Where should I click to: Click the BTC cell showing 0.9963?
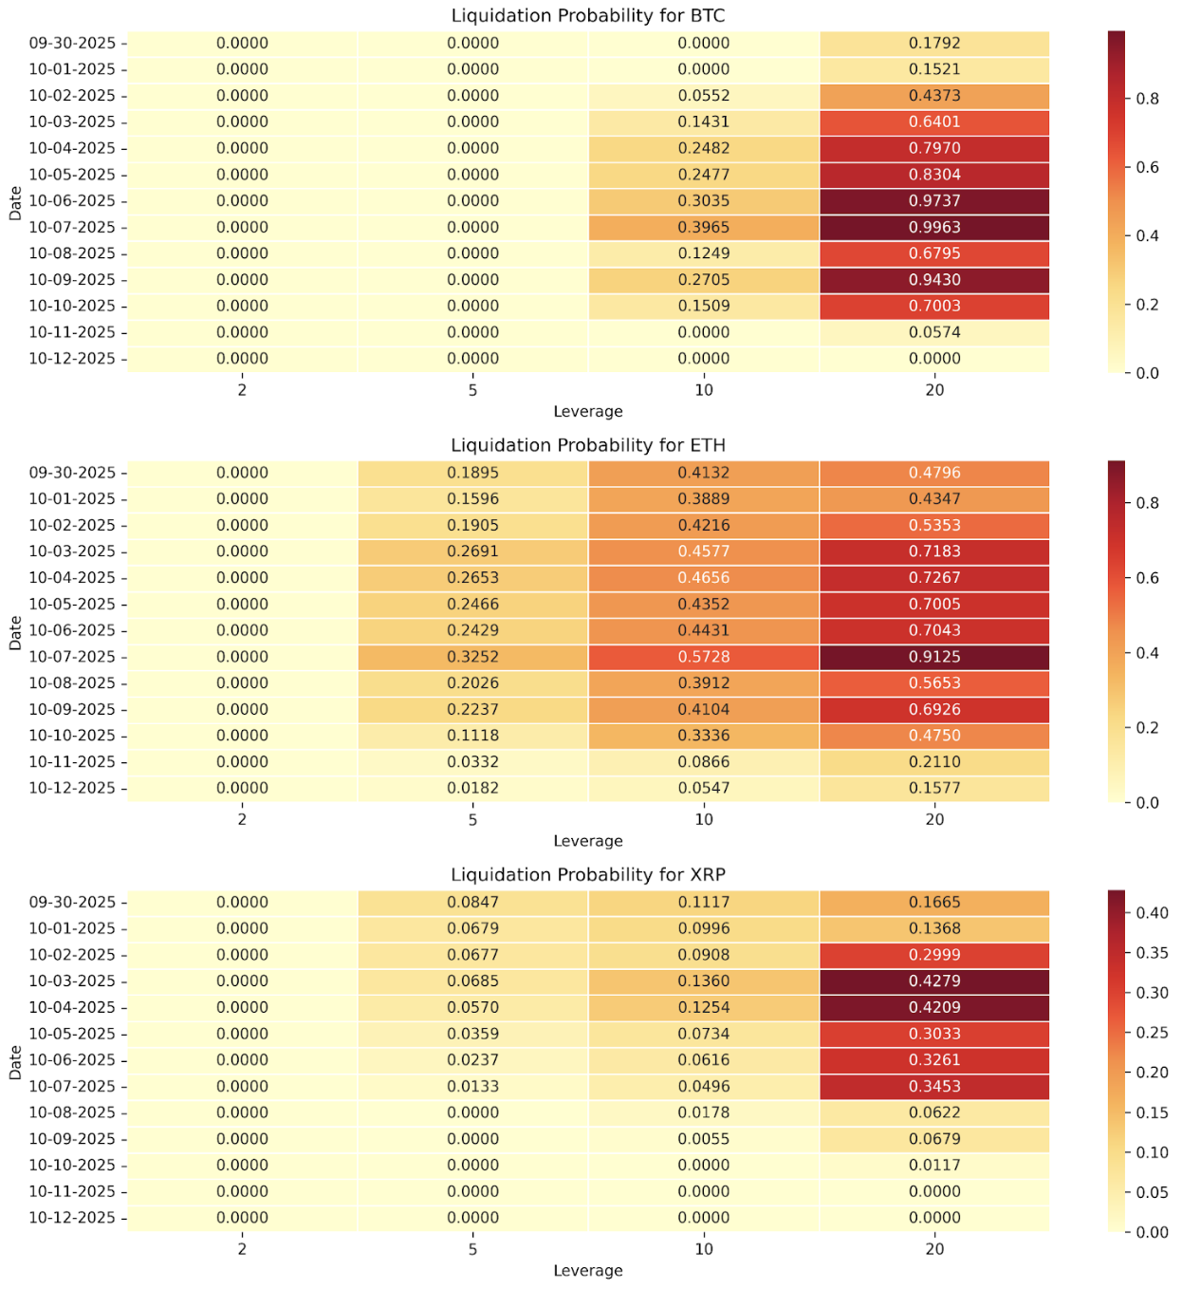coord(934,227)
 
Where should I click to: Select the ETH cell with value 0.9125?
coord(934,657)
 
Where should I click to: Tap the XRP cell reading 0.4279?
coord(934,981)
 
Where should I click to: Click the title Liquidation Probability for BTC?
coord(588,15)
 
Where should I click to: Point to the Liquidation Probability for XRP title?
coord(588,874)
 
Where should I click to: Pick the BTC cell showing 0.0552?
coord(704,96)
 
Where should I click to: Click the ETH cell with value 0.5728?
coord(704,657)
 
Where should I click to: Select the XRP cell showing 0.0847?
coord(472,903)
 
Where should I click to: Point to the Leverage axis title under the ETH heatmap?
coord(588,841)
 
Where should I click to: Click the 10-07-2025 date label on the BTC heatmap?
coord(72,227)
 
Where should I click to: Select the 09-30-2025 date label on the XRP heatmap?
coord(72,903)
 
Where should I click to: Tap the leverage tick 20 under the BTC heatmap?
coord(934,390)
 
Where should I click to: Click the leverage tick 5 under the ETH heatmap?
coord(472,820)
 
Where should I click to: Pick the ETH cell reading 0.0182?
coord(472,788)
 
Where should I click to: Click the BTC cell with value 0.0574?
coord(934,332)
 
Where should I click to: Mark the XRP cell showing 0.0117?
coord(934,1165)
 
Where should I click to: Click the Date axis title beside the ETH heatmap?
coord(15,631)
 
